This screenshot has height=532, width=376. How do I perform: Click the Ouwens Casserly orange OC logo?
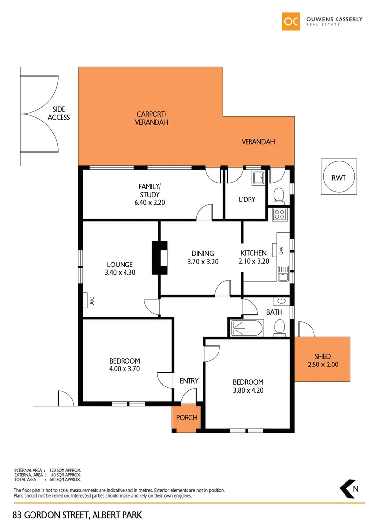(290, 21)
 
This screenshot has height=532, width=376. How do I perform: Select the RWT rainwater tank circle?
(338, 177)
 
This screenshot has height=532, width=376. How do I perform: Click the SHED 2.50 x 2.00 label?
(322, 361)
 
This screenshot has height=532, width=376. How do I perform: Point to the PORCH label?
(187, 418)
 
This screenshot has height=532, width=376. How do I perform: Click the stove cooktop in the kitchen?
(279, 214)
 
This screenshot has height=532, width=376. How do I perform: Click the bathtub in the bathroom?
(246, 328)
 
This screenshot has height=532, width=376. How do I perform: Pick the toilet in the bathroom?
(280, 328)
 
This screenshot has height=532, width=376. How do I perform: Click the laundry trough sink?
(259, 179)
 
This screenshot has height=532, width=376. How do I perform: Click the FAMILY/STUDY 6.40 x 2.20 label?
(149, 194)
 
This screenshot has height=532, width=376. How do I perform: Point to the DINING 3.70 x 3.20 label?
(203, 258)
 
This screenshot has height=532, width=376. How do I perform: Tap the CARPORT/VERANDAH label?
(152, 118)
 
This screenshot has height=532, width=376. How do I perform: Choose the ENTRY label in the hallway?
(189, 381)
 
